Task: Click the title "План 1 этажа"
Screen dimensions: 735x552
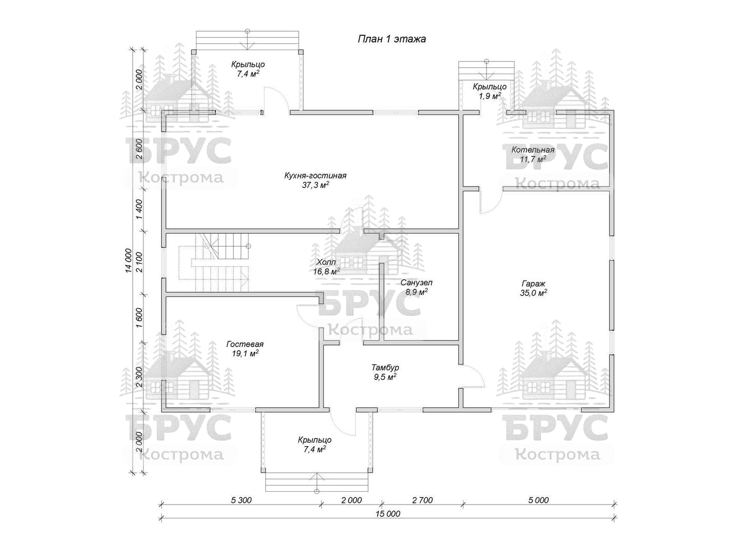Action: point(392,39)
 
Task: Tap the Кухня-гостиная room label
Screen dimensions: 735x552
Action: point(315,176)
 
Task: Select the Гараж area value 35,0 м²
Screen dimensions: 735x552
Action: point(533,293)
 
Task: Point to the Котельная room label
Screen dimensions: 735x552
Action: point(533,150)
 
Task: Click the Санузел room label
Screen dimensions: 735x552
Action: point(416,283)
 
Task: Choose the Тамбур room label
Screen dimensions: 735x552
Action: point(385,367)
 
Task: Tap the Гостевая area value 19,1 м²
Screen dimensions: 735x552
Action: point(245,353)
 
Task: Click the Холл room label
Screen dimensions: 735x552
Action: point(326,262)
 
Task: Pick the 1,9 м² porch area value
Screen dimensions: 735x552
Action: point(489,96)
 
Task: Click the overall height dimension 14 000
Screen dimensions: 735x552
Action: point(128,261)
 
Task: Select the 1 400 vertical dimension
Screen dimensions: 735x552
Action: point(139,210)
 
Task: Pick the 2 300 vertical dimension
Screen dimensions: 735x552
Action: point(139,376)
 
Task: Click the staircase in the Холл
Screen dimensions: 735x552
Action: point(214,263)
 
